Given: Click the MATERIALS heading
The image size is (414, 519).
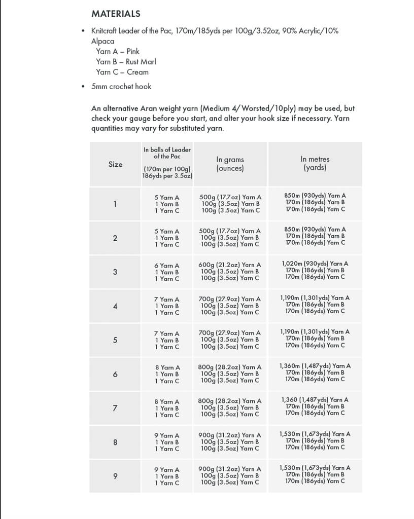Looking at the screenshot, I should pos(116,14).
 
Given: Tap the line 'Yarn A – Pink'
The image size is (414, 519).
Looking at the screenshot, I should pos(117,51).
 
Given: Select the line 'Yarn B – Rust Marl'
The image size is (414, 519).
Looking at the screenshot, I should pos(126,61).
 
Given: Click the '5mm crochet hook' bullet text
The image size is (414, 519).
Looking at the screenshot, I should pos(121,86).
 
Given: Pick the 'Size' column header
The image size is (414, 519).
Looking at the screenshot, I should pos(115,164).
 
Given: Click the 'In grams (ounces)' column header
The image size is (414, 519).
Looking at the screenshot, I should pos(230,164).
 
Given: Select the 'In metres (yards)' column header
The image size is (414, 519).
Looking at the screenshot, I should pos(315,163).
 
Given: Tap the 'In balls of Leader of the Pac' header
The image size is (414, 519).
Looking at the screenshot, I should pos(167,153).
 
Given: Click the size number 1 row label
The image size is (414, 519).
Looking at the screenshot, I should pos(115,204).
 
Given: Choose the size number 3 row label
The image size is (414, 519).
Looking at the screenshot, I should pos(115,272).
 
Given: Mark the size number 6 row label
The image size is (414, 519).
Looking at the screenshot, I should pos(115,374).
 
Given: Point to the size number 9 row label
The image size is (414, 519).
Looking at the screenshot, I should pos(115,476).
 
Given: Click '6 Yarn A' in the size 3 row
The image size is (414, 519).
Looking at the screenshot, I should pos(167,265).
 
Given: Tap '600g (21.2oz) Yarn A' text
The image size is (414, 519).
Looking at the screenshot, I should pos(229,265).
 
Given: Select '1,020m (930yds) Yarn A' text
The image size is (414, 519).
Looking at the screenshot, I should pos(315,264).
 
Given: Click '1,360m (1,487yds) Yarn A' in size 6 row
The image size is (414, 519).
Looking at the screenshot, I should pos(315,365).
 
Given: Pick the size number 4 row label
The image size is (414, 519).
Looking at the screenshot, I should pos(115,306).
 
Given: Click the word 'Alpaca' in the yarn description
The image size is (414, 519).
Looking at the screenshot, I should pos(102,41).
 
